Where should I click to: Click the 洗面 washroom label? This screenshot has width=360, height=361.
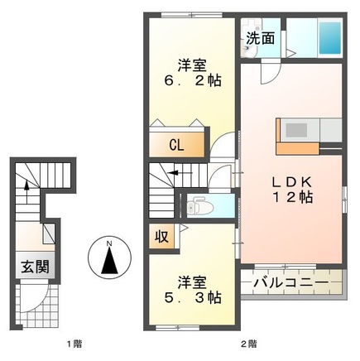click(x=260, y=39)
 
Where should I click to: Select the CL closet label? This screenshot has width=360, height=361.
click(x=177, y=144)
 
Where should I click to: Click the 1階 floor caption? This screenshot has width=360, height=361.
click(x=74, y=342)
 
